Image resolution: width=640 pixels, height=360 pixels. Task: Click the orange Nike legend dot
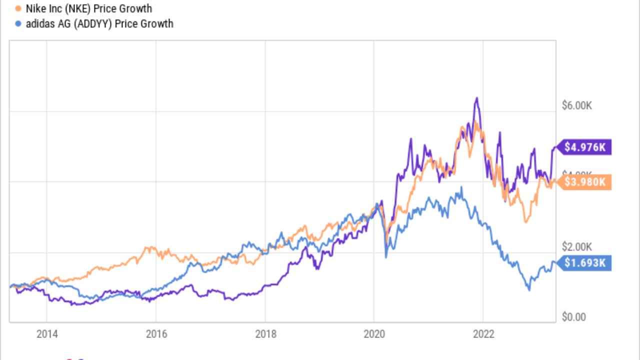point(18,8)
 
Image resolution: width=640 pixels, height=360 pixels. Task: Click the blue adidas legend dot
point(18,23)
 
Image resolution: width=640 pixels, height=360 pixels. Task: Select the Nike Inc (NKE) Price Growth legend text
point(88,8)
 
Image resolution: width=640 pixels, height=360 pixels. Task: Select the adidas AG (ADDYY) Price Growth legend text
point(99,23)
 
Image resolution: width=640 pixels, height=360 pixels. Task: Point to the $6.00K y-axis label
point(577,106)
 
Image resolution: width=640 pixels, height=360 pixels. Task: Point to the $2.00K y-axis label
point(577,247)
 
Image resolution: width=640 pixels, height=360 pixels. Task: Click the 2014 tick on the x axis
point(46,334)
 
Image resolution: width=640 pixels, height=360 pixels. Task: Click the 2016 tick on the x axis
point(155,334)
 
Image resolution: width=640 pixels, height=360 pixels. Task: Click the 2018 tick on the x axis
point(265,334)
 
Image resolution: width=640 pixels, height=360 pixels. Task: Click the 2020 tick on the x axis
point(374,334)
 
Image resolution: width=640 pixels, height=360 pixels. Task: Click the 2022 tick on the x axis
point(483,334)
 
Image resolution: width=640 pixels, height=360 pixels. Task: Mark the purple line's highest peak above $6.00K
point(476,98)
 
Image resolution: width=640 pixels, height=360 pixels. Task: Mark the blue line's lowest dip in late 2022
point(529,290)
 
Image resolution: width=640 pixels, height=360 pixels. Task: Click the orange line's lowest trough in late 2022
point(525,222)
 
